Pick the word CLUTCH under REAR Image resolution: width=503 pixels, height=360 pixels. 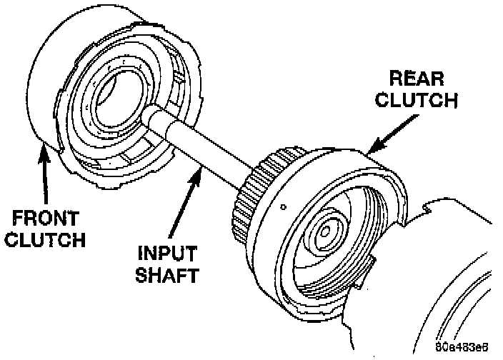pos(417,99)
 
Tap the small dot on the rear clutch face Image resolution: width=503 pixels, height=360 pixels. pos(284,208)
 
